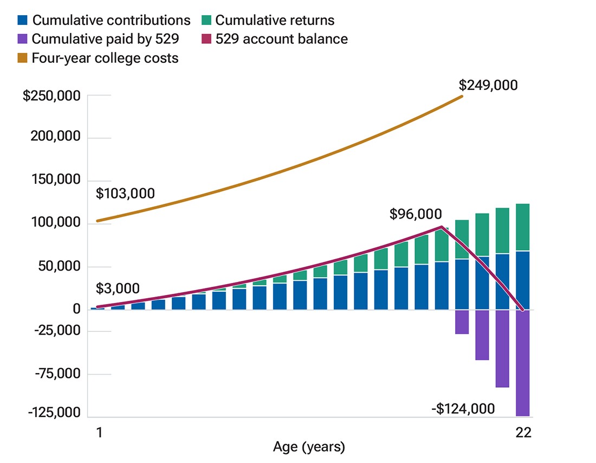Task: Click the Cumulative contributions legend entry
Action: (103, 21)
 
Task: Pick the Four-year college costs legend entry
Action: (98, 57)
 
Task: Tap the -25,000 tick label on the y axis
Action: (57, 331)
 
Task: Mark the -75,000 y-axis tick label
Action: (57, 374)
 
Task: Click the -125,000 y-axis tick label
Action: (54, 413)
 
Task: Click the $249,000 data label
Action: (488, 85)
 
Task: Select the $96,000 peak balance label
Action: (415, 215)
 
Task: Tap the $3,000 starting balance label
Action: (118, 288)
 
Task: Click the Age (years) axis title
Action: (308, 448)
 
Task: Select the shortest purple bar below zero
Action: (462, 322)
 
